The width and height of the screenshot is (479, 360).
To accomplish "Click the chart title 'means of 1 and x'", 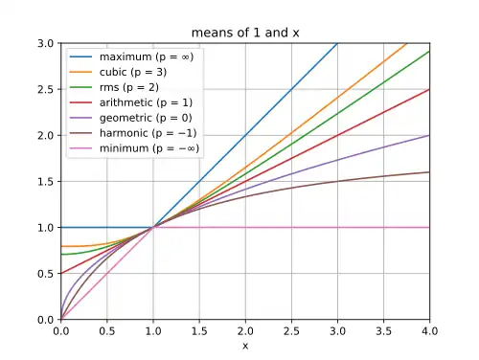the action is pyautogui.click(x=245, y=33).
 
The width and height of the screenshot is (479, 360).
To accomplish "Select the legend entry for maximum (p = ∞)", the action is pyautogui.click(x=147, y=56).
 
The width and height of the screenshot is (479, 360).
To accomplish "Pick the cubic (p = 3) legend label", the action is pyautogui.click(x=133, y=72).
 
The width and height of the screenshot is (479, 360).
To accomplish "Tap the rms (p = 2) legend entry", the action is pyautogui.click(x=129, y=87).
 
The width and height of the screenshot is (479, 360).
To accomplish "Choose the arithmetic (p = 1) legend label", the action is pyautogui.click(x=146, y=102).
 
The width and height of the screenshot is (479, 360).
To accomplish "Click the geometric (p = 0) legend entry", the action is pyautogui.click(x=146, y=118).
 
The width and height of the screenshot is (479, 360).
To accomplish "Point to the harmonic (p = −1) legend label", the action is pyautogui.click(x=148, y=133).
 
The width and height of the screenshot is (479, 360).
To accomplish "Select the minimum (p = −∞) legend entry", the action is pyautogui.click(x=149, y=148).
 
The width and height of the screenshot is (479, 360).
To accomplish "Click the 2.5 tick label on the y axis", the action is pyautogui.click(x=45, y=89).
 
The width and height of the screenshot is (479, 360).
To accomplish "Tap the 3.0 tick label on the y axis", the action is pyautogui.click(x=45, y=43).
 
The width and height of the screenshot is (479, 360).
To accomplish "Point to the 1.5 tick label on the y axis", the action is pyautogui.click(x=45, y=182).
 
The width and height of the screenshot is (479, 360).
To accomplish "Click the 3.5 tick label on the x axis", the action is pyautogui.click(x=383, y=331).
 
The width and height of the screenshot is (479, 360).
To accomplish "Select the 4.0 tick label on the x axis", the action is pyautogui.click(x=429, y=331).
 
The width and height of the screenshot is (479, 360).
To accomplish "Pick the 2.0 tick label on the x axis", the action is pyautogui.click(x=245, y=331).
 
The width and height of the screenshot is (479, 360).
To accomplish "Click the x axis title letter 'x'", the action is pyautogui.click(x=245, y=346).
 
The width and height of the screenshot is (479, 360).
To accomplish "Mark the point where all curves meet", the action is pyautogui.click(x=153, y=227).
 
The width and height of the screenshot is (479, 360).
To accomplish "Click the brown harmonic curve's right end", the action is pyautogui.click(x=429, y=172).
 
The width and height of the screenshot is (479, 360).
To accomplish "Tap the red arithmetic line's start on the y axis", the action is pyautogui.click(x=61, y=273).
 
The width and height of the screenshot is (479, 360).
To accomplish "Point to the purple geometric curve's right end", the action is pyautogui.click(x=429, y=135).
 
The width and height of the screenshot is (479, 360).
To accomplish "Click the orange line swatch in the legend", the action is pyautogui.click(x=80, y=72).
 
